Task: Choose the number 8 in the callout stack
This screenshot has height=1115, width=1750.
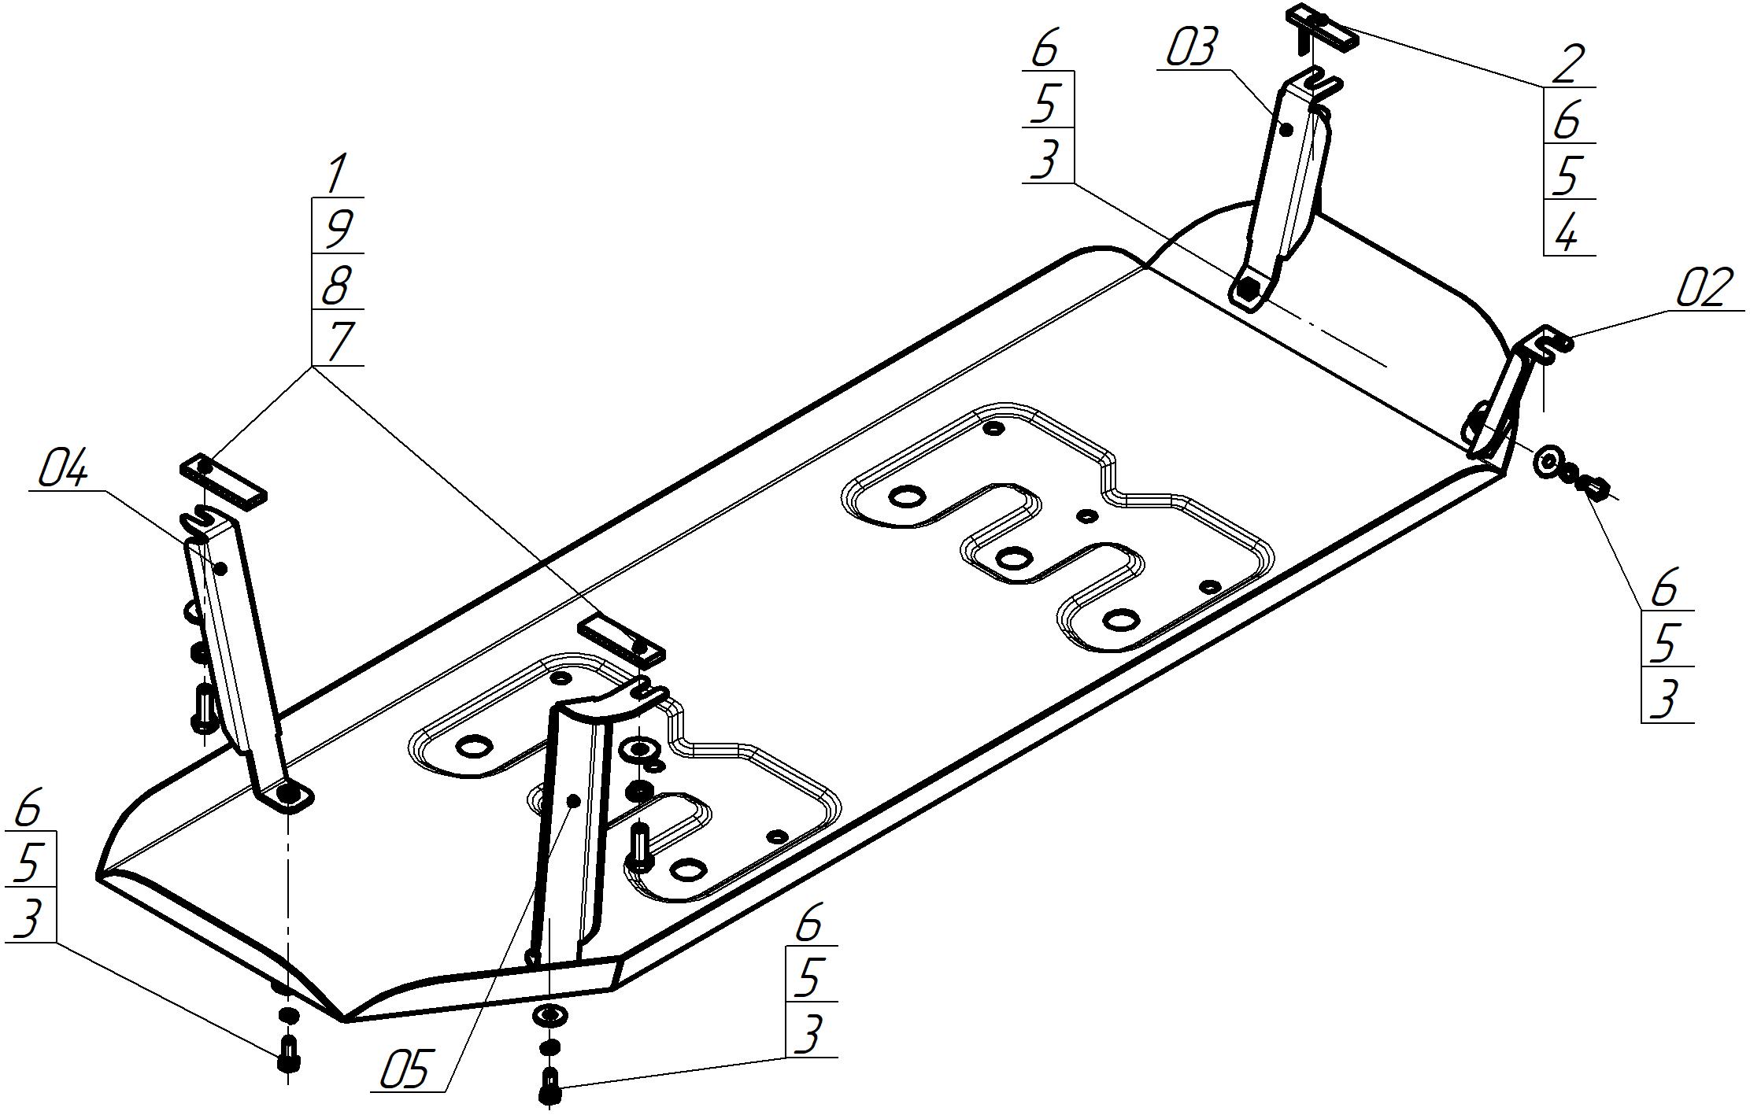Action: (x=337, y=286)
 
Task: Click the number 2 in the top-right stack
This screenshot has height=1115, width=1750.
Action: (x=1567, y=65)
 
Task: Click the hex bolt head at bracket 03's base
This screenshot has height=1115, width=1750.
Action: (x=1246, y=290)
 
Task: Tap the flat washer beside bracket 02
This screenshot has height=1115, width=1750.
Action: (x=1547, y=462)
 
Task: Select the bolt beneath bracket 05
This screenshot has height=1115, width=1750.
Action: (x=549, y=1086)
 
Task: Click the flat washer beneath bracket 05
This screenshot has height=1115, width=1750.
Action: (x=549, y=1015)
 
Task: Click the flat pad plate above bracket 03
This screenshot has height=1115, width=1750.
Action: (x=1323, y=27)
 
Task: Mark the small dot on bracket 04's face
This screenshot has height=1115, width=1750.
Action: (x=220, y=568)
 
